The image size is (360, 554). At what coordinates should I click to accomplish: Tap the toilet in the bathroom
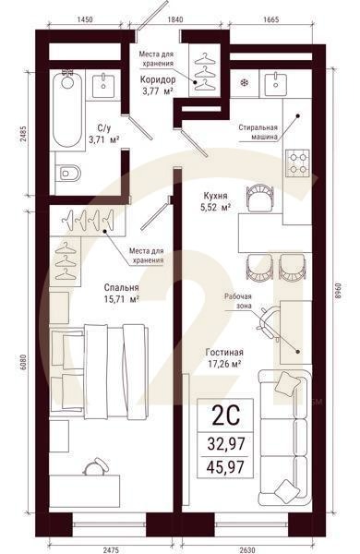(x=67, y=173)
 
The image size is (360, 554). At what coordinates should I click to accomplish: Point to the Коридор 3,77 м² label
(x=157, y=84)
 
